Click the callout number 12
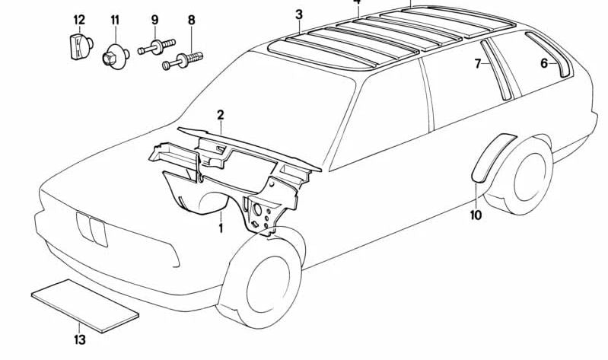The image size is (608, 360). coord(79,19)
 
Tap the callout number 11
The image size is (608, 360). coord(115,19)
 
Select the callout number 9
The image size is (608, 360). coord(154,19)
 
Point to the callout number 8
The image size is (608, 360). coord(191,19)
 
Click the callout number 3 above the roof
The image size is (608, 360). coord(299,14)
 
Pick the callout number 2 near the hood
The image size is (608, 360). coord(220,115)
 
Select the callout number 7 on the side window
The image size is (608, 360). coord(479,64)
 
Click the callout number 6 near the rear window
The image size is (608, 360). coord(545,63)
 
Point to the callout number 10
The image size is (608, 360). coord(476,215)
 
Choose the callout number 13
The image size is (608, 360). coord(80,339)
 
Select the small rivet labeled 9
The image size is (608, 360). coord(155,49)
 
